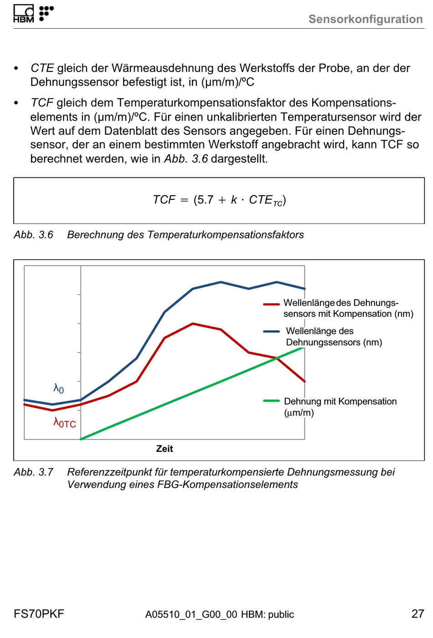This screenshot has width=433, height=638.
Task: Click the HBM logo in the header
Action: click(x=33, y=13)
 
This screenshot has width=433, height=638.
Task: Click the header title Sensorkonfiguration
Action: click(x=366, y=19)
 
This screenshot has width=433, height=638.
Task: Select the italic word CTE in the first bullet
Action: click(x=42, y=68)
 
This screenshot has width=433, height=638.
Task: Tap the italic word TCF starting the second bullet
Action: click(x=42, y=103)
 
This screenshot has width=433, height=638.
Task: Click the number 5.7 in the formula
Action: click(x=205, y=200)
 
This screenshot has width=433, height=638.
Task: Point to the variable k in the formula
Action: click(x=234, y=200)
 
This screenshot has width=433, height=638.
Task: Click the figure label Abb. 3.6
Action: click(x=33, y=235)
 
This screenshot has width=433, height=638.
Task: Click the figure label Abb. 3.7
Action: click(x=33, y=472)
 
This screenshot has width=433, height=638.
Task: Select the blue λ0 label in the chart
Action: click(x=58, y=389)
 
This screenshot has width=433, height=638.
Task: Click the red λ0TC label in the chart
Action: click(x=65, y=422)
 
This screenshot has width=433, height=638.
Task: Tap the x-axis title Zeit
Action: click(x=164, y=449)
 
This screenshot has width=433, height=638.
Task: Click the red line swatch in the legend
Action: click(x=271, y=304)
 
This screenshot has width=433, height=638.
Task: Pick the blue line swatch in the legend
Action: click(x=271, y=331)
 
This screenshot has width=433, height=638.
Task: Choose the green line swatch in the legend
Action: click(x=271, y=401)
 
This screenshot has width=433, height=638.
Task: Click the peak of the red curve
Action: click(x=193, y=324)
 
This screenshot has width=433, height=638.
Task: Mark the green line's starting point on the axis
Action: click(x=81, y=439)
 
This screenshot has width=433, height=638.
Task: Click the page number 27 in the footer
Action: click(x=418, y=614)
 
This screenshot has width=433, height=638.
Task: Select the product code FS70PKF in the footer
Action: click(x=39, y=614)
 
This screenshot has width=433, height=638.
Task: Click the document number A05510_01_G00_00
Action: click(x=191, y=614)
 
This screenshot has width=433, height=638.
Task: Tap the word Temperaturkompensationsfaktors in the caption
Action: click(x=225, y=235)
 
